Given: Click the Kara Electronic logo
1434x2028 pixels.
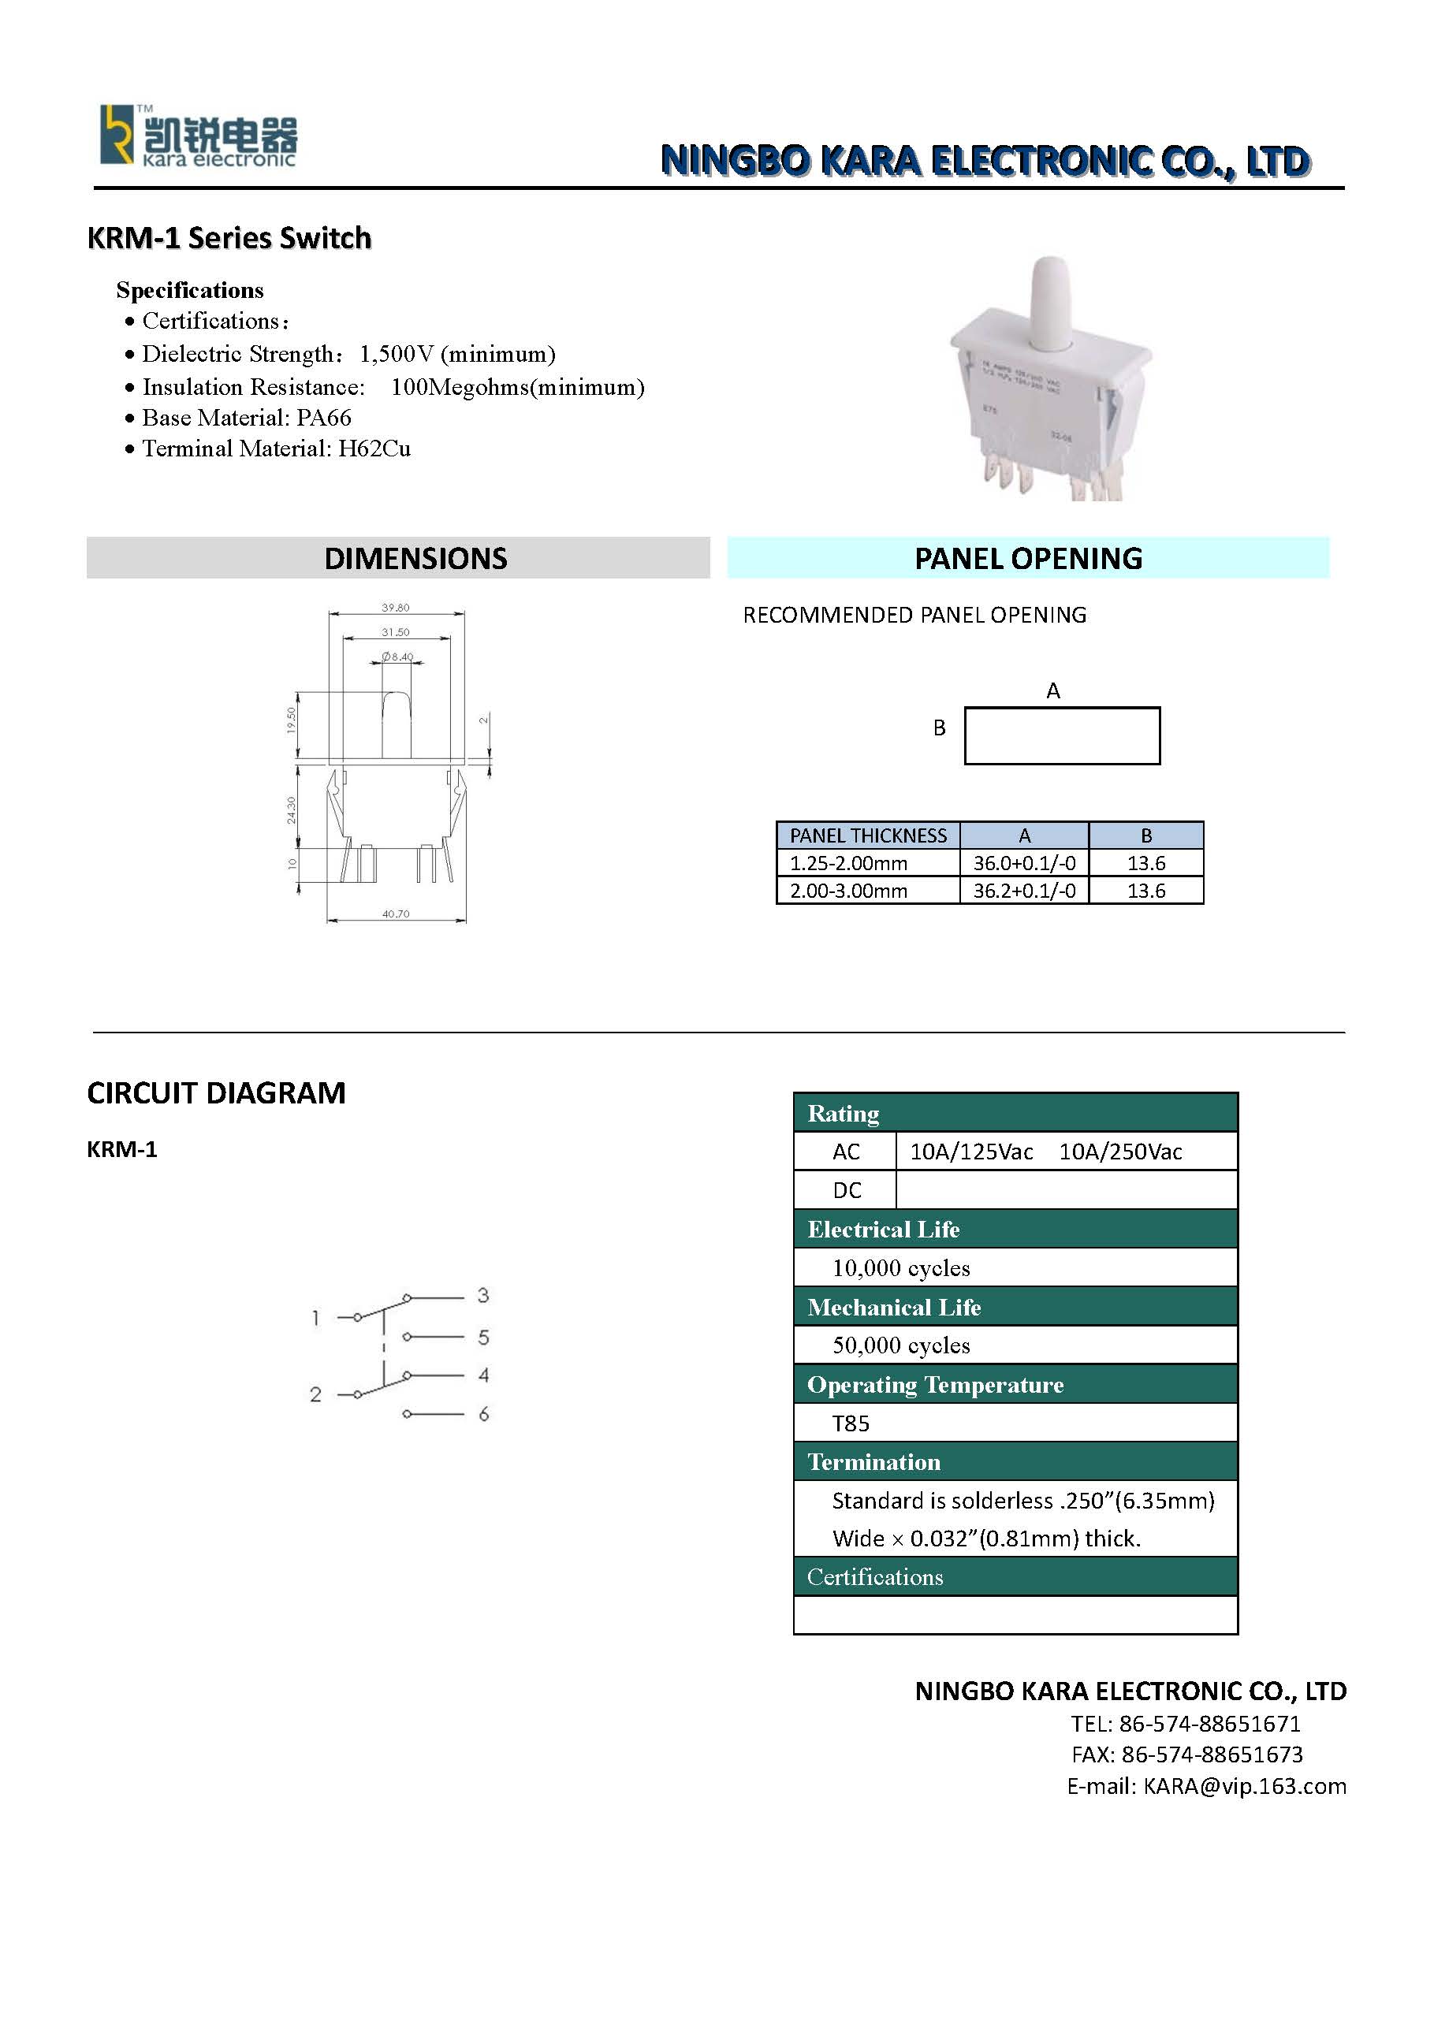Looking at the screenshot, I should pos(198,136).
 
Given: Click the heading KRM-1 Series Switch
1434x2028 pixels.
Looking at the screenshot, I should pos(229,239).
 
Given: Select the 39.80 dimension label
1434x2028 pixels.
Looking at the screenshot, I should pos(395,608).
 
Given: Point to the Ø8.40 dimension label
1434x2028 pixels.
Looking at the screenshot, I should pos(397,657).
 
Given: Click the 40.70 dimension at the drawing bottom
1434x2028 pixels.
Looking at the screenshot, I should pos(395,914).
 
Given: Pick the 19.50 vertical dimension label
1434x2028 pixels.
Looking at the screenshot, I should pos(291,719).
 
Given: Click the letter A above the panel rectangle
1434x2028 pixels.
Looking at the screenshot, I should pos(1052,690).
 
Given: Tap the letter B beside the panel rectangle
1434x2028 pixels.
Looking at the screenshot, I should pos(939,727).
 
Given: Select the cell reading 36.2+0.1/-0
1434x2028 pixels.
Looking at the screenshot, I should pos(1024,891).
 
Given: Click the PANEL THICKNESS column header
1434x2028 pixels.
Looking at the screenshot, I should pos(868,835).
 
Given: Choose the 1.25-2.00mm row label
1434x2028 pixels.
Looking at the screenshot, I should pos(848,863).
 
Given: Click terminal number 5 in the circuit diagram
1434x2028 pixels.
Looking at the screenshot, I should pos(483,1338).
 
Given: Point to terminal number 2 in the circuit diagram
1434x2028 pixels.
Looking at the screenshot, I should pos(315,1394).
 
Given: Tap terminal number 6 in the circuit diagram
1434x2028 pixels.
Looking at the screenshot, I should pos(483,1414).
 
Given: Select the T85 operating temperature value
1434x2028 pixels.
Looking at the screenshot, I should pos(851,1423).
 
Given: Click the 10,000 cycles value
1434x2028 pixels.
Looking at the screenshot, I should pos(900,1268).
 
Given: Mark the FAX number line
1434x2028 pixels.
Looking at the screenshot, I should pos(1186,1754).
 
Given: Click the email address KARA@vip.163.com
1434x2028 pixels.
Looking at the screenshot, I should pos(1244,1786).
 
